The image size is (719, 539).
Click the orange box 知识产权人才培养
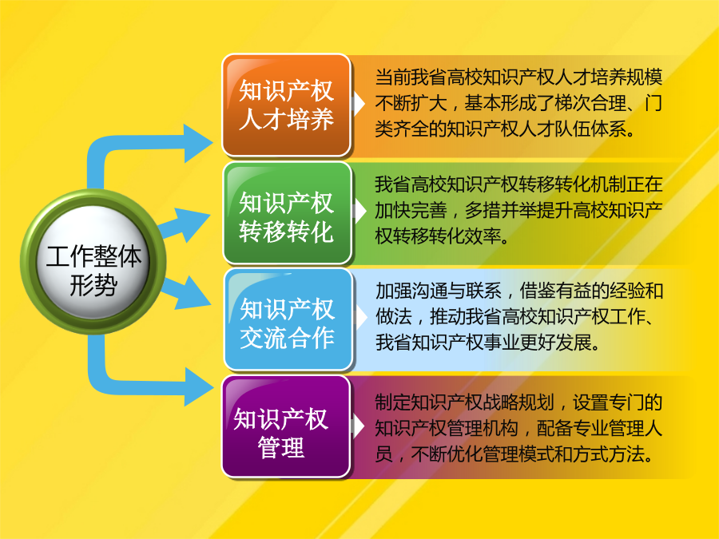pyautogui.click(x=287, y=105)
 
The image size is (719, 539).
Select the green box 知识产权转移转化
pyautogui.click(x=288, y=213)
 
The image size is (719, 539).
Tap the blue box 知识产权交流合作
pyautogui.click(x=288, y=319)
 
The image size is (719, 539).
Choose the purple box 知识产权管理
pyautogui.click(x=287, y=426)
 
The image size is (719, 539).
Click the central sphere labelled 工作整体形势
pyautogui.click(x=93, y=262)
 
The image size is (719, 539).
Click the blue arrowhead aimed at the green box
pyautogui.click(x=193, y=224)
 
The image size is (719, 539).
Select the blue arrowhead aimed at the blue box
pyautogui.click(x=193, y=294)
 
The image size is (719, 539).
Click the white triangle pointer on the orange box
pyautogui.click(x=358, y=105)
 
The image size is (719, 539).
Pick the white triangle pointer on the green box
pyautogui.click(x=359, y=212)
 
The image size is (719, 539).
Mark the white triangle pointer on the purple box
pyautogui.click(x=358, y=426)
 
